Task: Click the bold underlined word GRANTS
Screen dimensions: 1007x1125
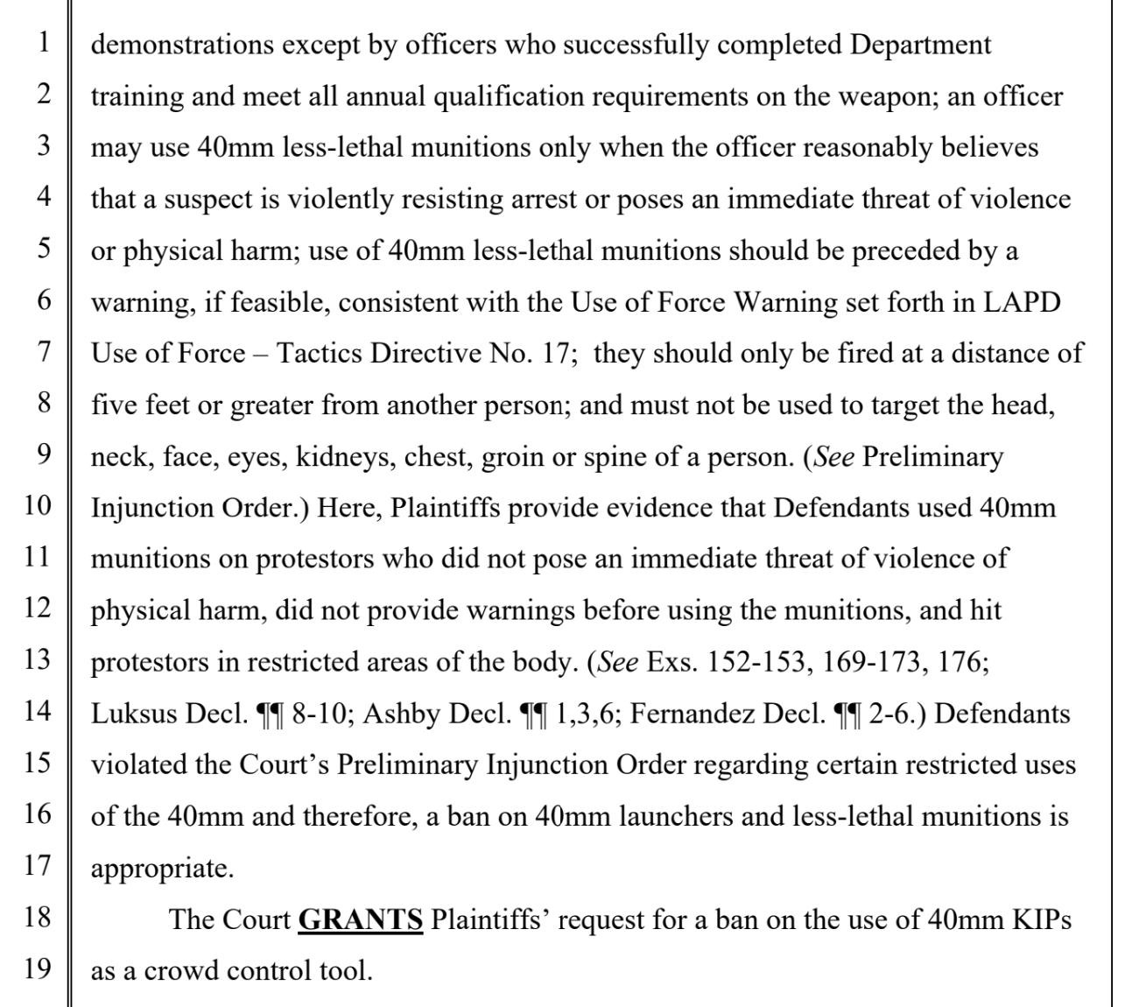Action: [x=361, y=919]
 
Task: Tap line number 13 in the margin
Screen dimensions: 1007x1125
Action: [x=38, y=660]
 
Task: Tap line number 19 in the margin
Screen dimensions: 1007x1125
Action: [x=38, y=969]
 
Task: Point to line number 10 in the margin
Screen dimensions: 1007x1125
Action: [x=38, y=506]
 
